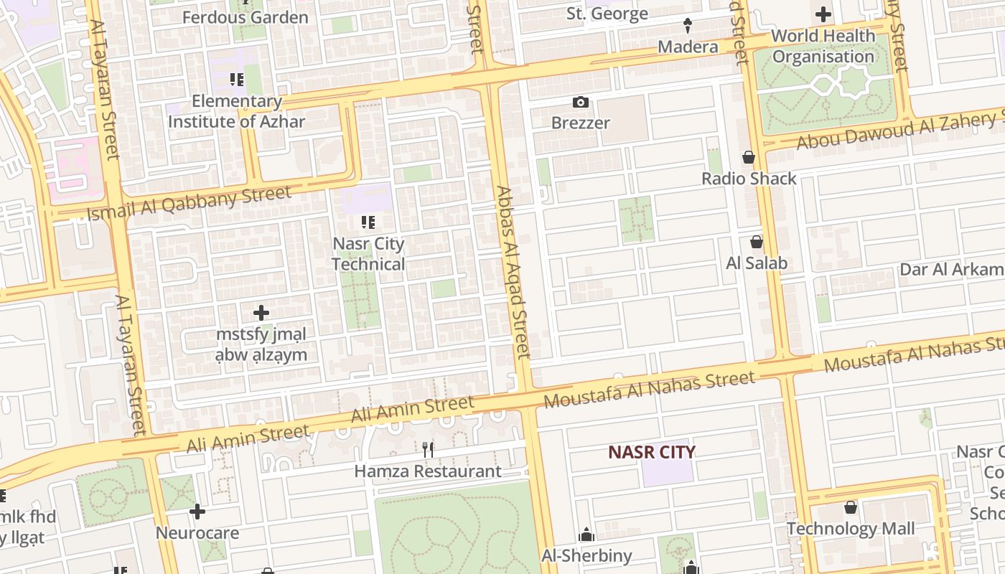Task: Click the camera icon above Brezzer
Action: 581,103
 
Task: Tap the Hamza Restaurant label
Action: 428,471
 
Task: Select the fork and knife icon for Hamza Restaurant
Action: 428,450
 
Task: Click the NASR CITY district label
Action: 651,452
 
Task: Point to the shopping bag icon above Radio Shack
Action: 749,157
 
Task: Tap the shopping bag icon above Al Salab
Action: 756,242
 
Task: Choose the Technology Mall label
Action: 851,529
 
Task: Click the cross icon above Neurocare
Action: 197,512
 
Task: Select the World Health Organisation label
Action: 823,46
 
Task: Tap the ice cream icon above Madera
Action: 688,26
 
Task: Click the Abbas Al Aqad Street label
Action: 513,273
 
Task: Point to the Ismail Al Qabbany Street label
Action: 190,203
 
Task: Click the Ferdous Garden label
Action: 245,17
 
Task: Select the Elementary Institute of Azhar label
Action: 236,111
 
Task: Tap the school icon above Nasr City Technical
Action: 368,222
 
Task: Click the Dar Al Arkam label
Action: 952,270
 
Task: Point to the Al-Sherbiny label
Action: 586,555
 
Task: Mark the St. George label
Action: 607,14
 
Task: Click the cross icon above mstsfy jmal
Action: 261,313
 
